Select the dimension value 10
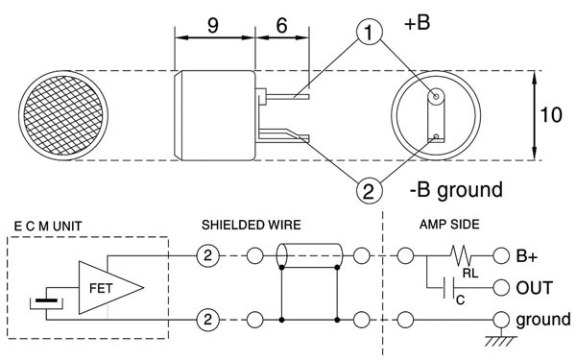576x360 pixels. [x=549, y=115]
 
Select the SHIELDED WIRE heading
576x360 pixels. [x=251, y=226]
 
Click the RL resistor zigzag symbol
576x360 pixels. [x=464, y=256]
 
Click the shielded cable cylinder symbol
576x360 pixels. [x=308, y=256]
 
